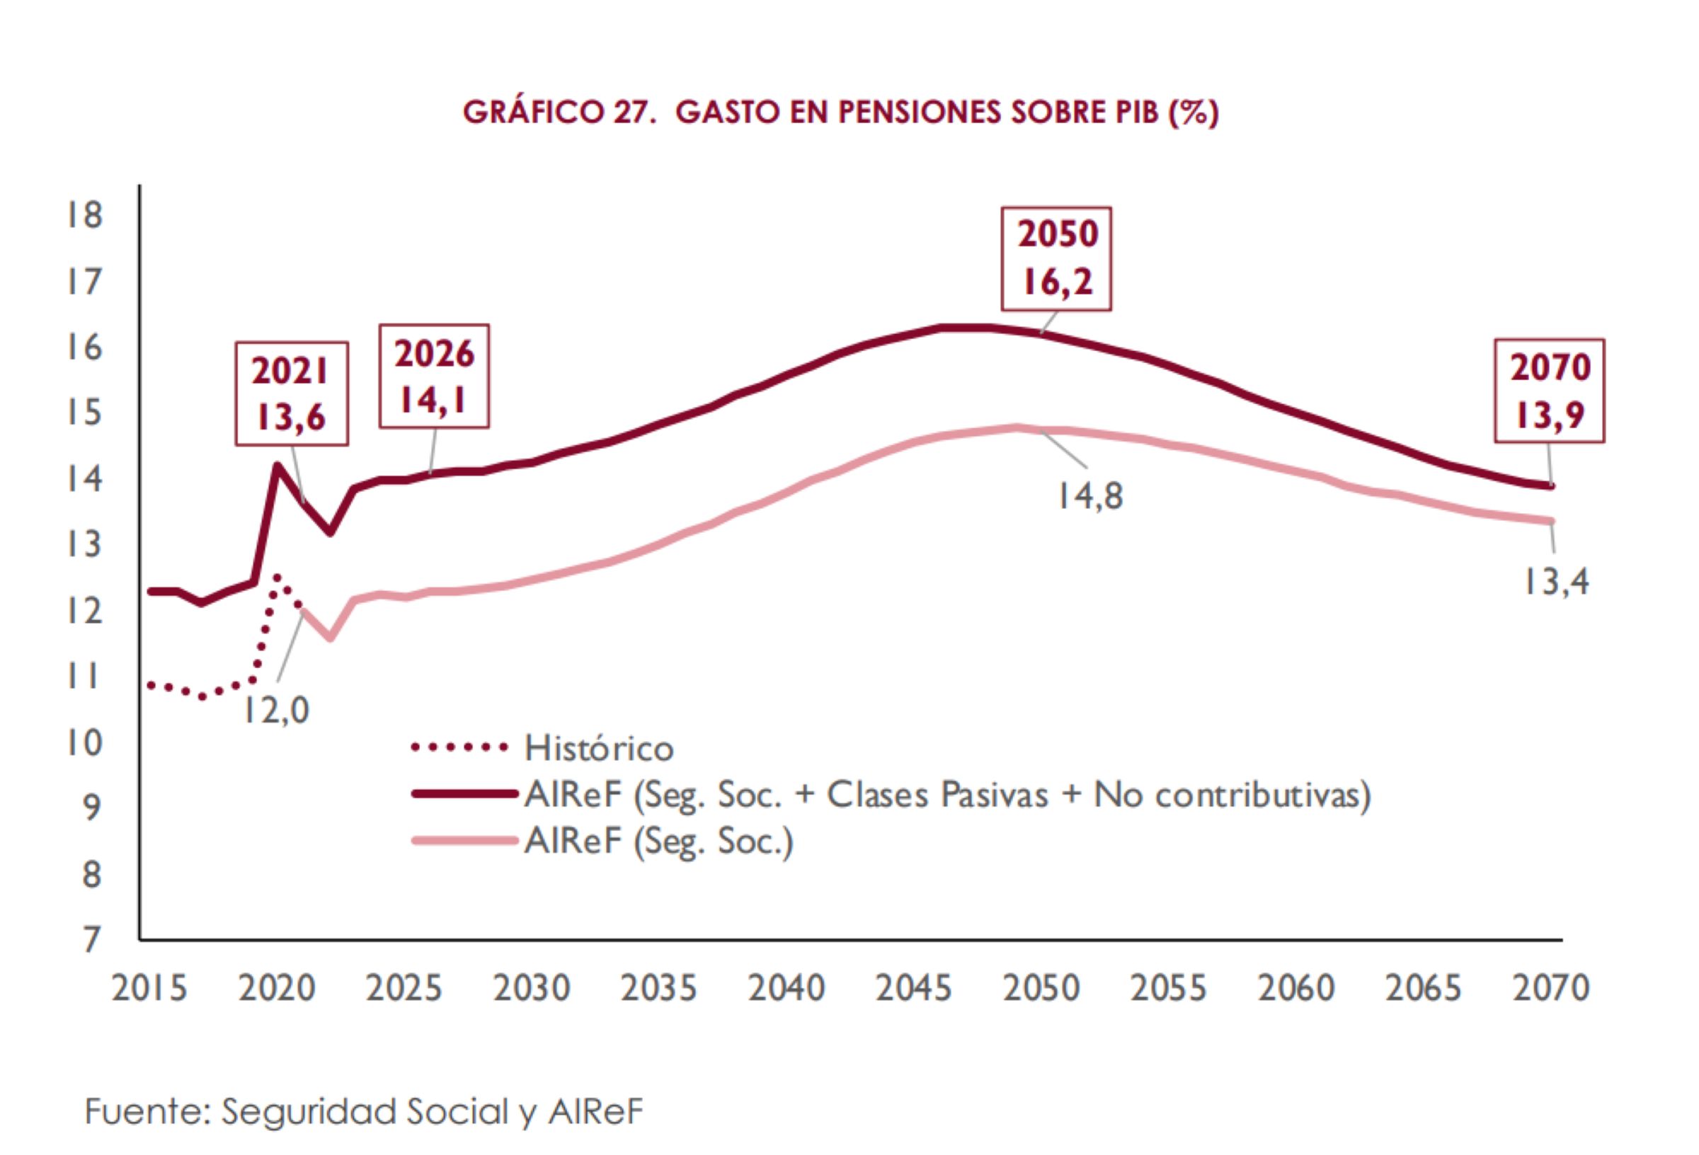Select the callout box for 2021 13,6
click(x=291, y=394)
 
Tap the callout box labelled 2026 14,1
click(x=433, y=377)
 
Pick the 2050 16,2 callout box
click(x=1056, y=259)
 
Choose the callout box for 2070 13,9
click(x=1549, y=391)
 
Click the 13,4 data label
click(x=1555, y=582)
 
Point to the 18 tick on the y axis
click(x=85, y=215)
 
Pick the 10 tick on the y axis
click(x=85, y=742)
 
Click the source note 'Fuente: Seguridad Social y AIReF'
click(x=363, y=1112)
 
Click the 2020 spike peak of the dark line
click(x=276, y=465)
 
